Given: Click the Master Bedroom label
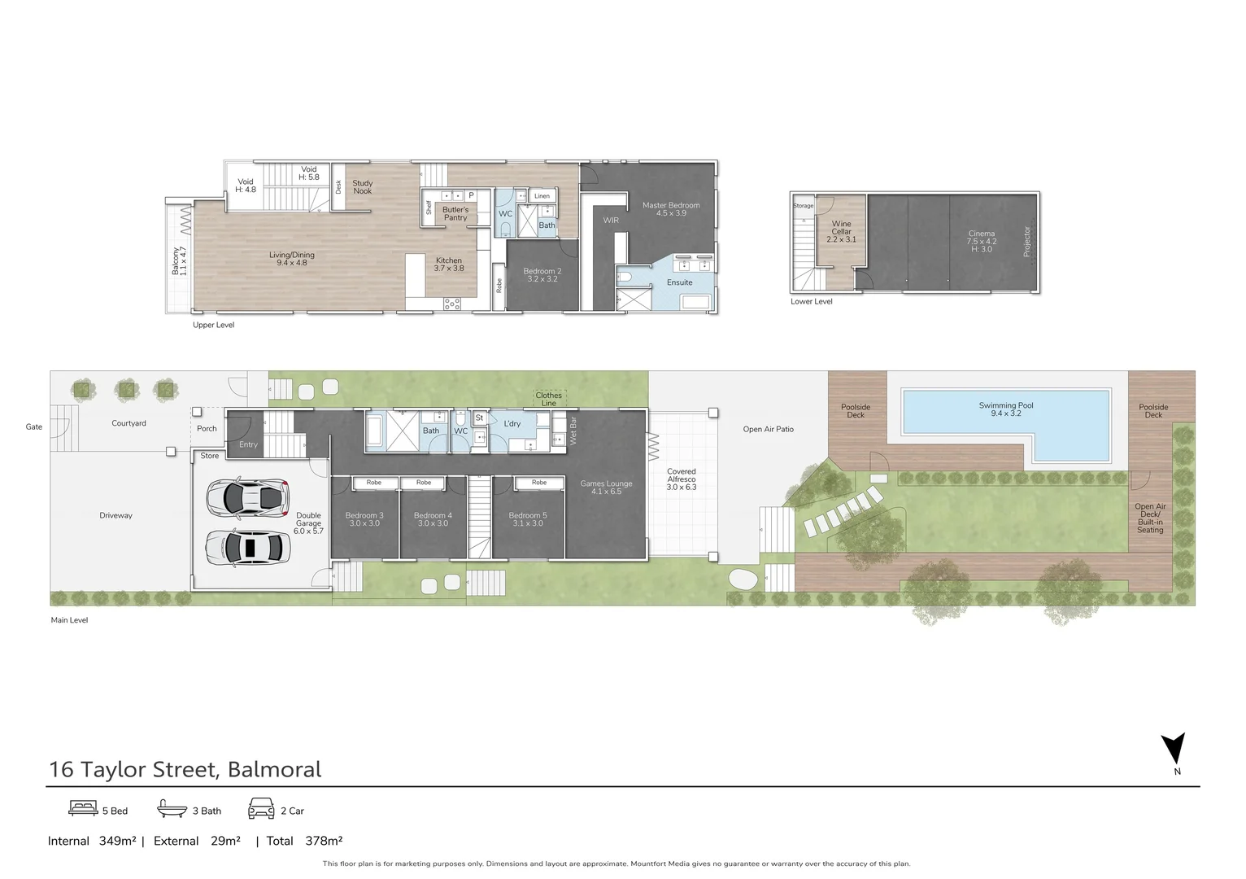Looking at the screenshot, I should (671, 208).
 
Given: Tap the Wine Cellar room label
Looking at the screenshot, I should (841, 231).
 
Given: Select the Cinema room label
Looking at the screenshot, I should (981, 241).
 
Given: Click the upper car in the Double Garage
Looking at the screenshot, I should (247, 496).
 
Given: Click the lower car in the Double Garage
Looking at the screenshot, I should (247, 547).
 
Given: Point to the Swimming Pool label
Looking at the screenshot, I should (1006, 409).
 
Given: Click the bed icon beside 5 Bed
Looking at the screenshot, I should (83, 808).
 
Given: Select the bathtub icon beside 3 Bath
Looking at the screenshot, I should (172, 808).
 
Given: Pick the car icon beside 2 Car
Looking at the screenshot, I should (261, 808).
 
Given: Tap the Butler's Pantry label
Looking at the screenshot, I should (455, 213).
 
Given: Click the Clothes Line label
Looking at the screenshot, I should (549, 399).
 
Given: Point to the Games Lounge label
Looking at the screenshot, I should (606, 487).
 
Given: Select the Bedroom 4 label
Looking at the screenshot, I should (433, 519).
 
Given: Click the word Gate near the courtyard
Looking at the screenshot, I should (34, 426).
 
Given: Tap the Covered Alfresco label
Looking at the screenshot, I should (682, 479).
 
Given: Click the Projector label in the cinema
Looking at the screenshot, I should (1026, 242).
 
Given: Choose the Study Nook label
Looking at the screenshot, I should (363, 186).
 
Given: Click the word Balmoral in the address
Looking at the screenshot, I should (274, 769).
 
